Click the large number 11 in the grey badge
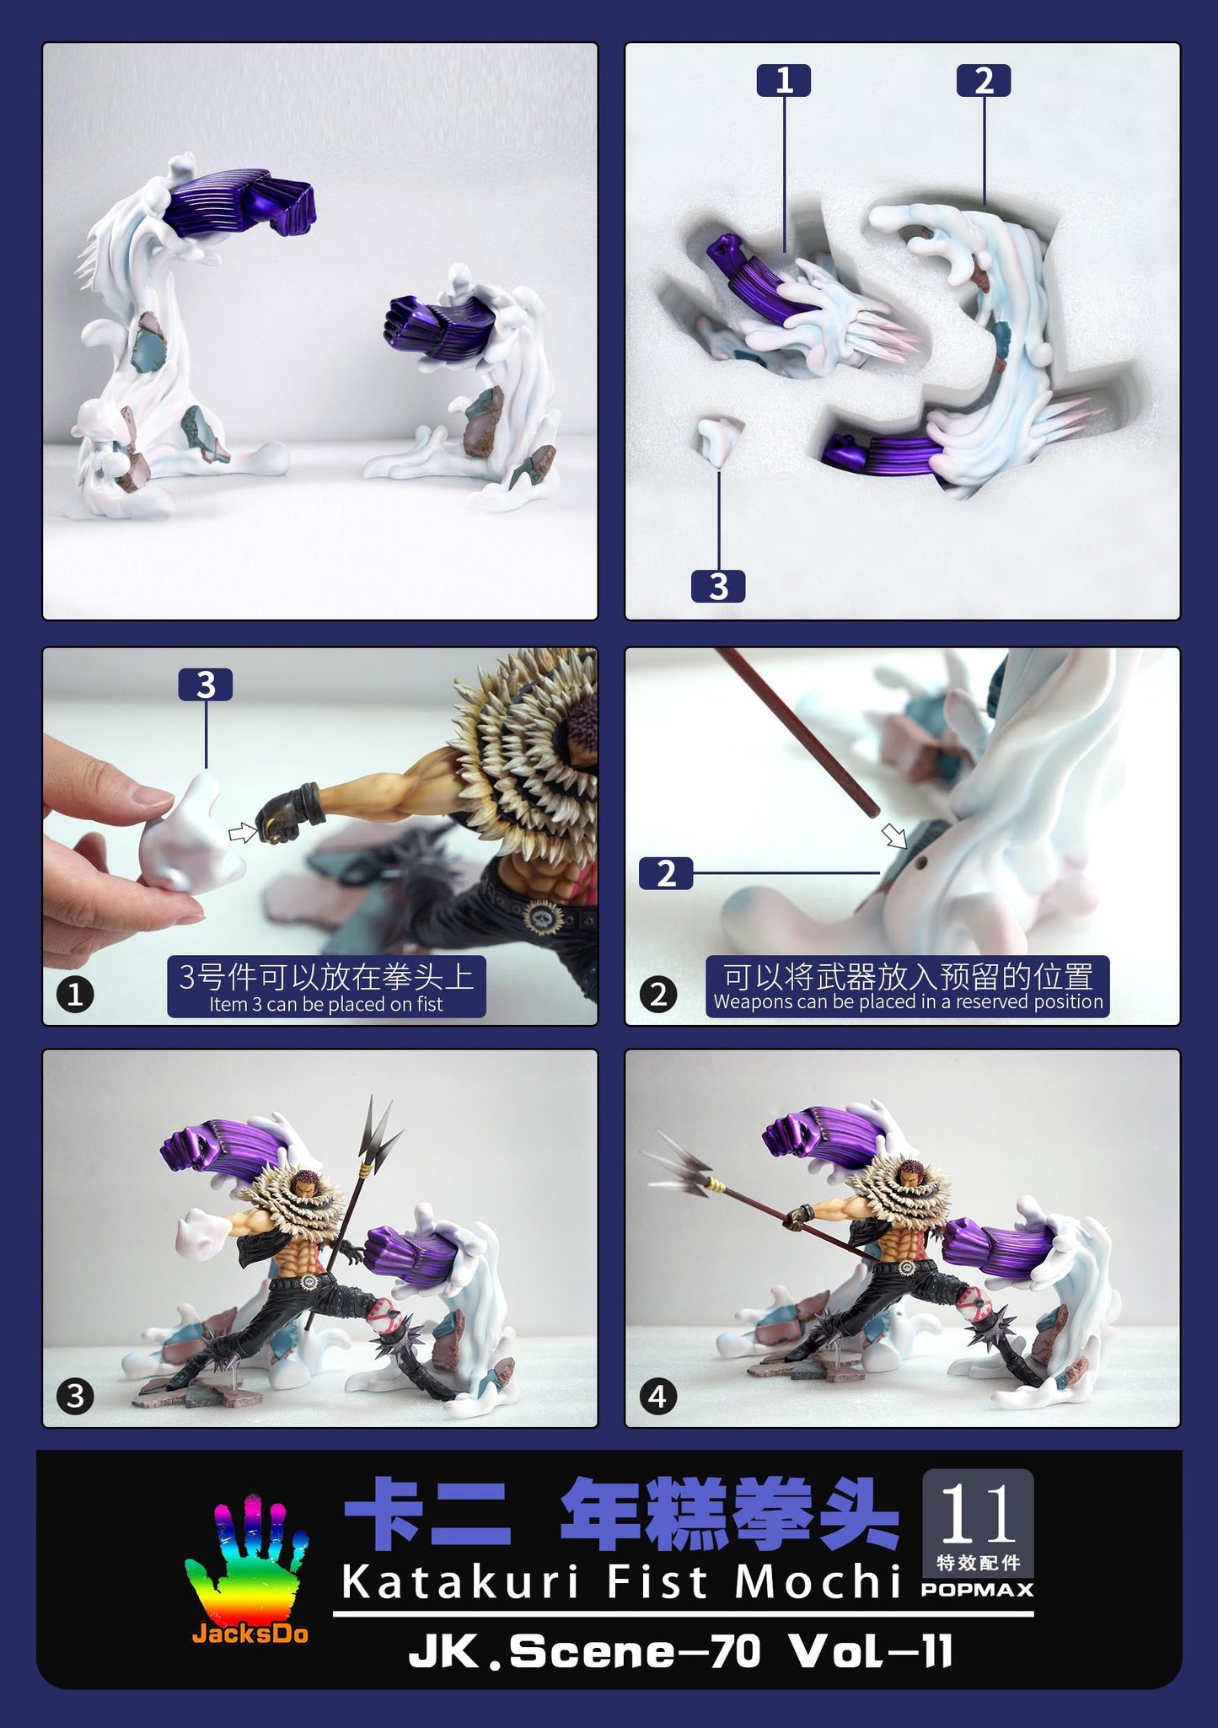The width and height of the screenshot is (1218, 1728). [x=977, y=1515]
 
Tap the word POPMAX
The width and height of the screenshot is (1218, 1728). [x=977, y=1590]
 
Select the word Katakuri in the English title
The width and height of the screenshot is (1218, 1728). [x=460, y=1582]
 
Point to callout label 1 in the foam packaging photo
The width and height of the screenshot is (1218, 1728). [x=784, y=81]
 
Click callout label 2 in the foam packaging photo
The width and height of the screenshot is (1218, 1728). [x=984, y=81]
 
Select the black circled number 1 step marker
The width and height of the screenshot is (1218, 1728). [x=75, y=995]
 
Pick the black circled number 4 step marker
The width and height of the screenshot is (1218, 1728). [x=658, y=1397]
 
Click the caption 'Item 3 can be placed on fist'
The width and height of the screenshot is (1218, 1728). [x=326, y=1004]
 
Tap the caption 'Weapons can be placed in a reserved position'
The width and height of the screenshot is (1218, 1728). [x=908, y=1001]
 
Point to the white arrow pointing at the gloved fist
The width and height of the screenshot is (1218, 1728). [x=243, y=833]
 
